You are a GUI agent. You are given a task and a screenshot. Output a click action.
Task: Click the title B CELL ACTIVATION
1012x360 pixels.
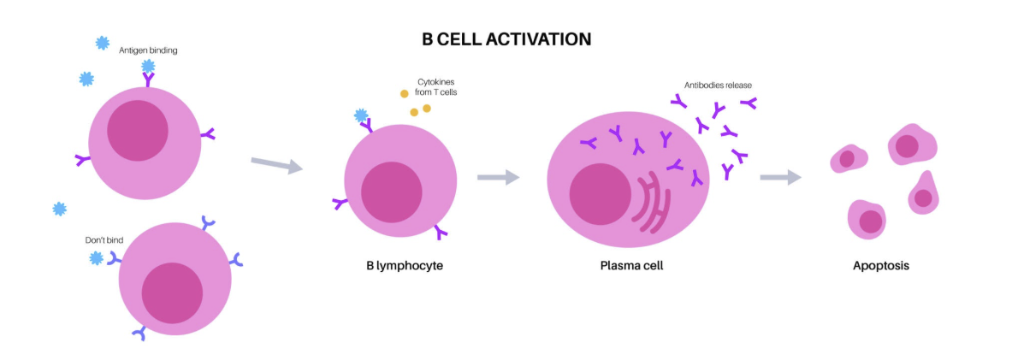[x=506, y=39]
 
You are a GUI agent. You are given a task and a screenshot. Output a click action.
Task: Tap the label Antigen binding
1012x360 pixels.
[x=148, y=50]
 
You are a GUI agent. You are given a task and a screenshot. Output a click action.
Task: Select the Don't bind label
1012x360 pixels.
[x=104, y=240]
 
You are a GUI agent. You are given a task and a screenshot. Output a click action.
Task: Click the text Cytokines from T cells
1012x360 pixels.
[x=435, y=87]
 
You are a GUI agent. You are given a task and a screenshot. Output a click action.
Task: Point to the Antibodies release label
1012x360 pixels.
[x=718, y=86]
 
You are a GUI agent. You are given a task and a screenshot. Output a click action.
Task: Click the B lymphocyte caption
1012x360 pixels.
[x=405, y=265]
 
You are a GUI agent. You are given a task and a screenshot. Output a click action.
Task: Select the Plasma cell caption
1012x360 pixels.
[x=631, y=265]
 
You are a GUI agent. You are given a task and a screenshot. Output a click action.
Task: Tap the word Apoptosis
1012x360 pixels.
[x=881, y=265]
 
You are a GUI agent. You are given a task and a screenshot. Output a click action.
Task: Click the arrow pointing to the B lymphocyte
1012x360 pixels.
[x=277, y=164]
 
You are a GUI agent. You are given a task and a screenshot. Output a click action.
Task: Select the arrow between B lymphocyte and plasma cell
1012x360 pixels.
[x=498, y=177]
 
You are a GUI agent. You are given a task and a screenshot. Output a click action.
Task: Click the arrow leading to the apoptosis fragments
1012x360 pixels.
[x=780, y=177]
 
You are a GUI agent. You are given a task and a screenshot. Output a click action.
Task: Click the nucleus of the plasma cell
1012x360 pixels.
[x=600, y=194]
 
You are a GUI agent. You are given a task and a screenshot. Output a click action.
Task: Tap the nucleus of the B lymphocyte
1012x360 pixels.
[x=391, y=193]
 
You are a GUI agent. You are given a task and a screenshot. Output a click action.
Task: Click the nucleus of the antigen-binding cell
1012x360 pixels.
[x=138, y=131]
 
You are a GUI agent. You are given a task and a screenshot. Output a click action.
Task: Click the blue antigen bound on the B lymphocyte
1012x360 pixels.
[x=361, y=116]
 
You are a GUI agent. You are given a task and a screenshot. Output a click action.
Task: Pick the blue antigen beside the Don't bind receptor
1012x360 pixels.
[x=96, y=258]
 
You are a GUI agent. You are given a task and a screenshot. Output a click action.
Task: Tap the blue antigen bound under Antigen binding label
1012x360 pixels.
[x=148, y=66]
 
